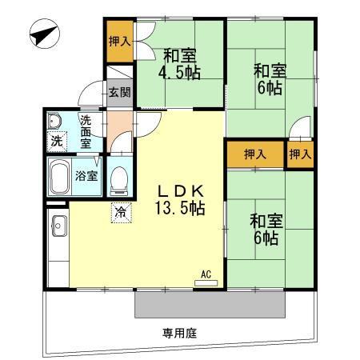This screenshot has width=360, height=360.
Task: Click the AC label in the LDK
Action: [206, 274]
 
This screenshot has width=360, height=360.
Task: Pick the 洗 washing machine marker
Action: [56, 142]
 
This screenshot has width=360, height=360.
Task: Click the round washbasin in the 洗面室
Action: [54, 122]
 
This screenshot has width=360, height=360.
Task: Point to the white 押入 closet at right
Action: [300, 154]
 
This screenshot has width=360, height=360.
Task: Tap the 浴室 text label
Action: [86, 175]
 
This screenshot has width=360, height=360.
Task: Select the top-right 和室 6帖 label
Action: [270, 78]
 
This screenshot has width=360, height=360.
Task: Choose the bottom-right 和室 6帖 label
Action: [263, 230]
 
